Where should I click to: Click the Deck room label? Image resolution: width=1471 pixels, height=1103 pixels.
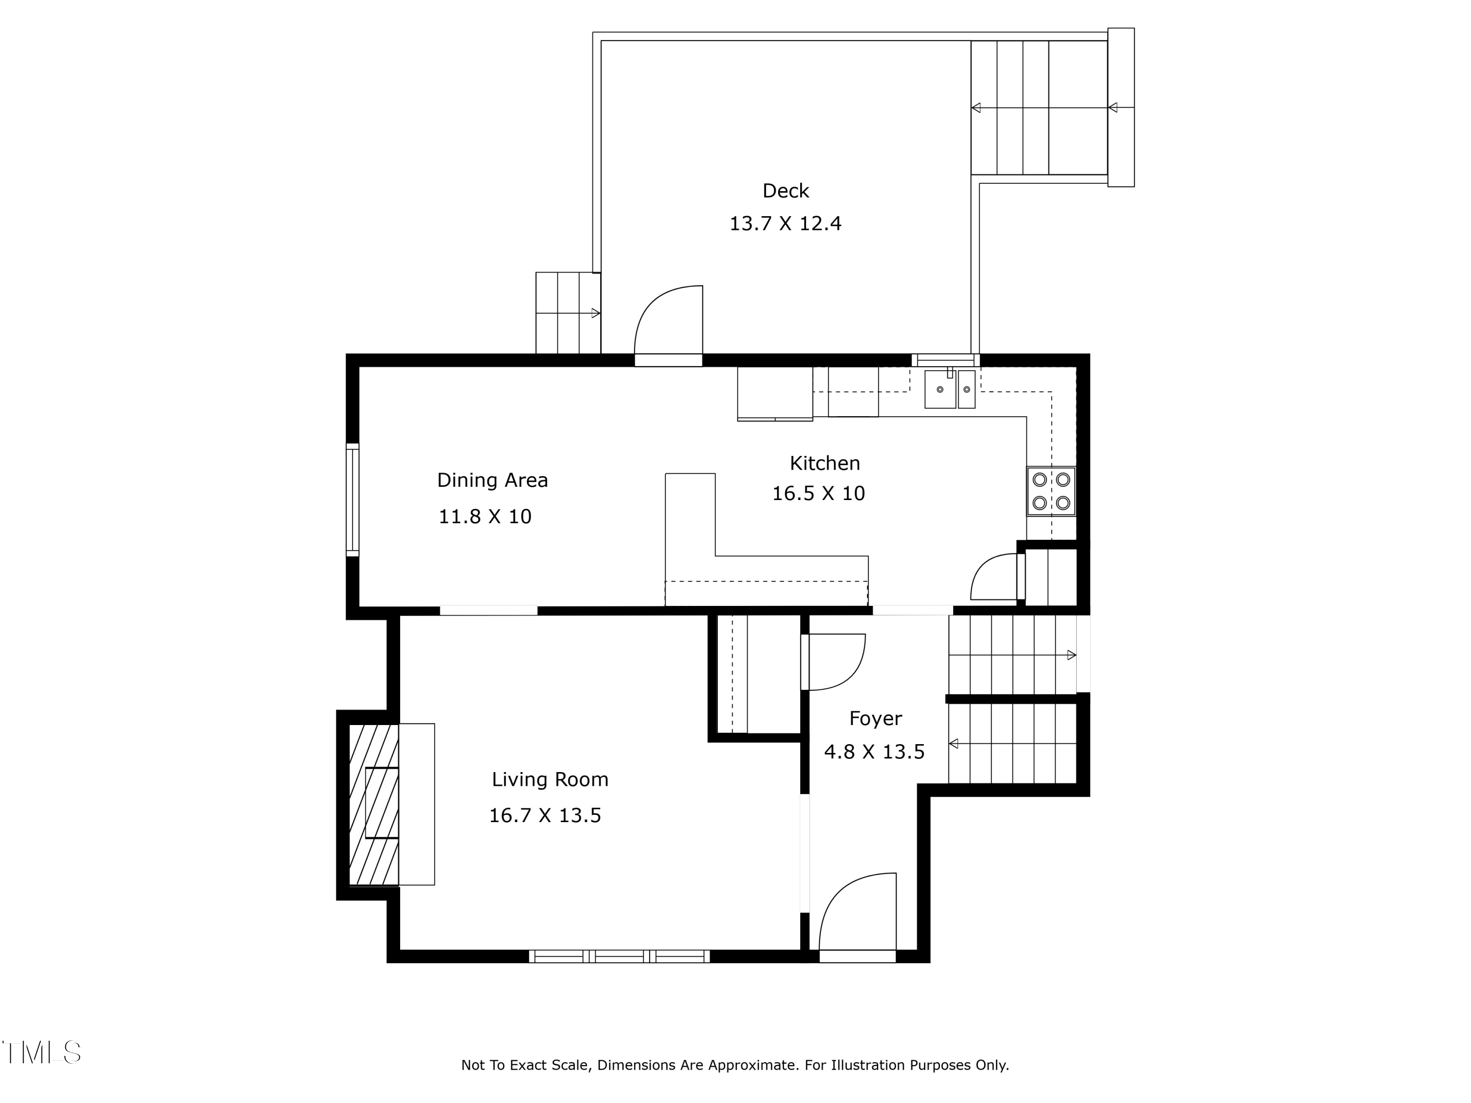(786, 191)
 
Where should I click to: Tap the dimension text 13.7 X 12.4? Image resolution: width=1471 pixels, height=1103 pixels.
(786, 224)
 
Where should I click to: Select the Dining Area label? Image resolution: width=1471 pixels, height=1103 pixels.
(492, 480)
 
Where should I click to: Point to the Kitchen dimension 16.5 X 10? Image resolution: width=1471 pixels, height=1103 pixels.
(818, 493)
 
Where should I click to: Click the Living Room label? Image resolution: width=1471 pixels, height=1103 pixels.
(550, 779)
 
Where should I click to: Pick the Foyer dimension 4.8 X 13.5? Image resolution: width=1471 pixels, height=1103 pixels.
(874, 752)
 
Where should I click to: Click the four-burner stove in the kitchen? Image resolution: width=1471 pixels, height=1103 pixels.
(1051, 491)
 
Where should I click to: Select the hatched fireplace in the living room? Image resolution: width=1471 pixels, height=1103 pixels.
(374, 804)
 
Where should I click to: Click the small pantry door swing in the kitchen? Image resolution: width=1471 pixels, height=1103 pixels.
(994, 577)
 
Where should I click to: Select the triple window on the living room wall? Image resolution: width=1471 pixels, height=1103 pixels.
(619, 956)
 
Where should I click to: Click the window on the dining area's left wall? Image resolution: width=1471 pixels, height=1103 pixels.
(353, 500)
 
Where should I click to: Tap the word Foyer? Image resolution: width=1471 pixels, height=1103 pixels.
(875, 719)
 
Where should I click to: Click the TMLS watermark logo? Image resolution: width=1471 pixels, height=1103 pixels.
(41, 1052)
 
